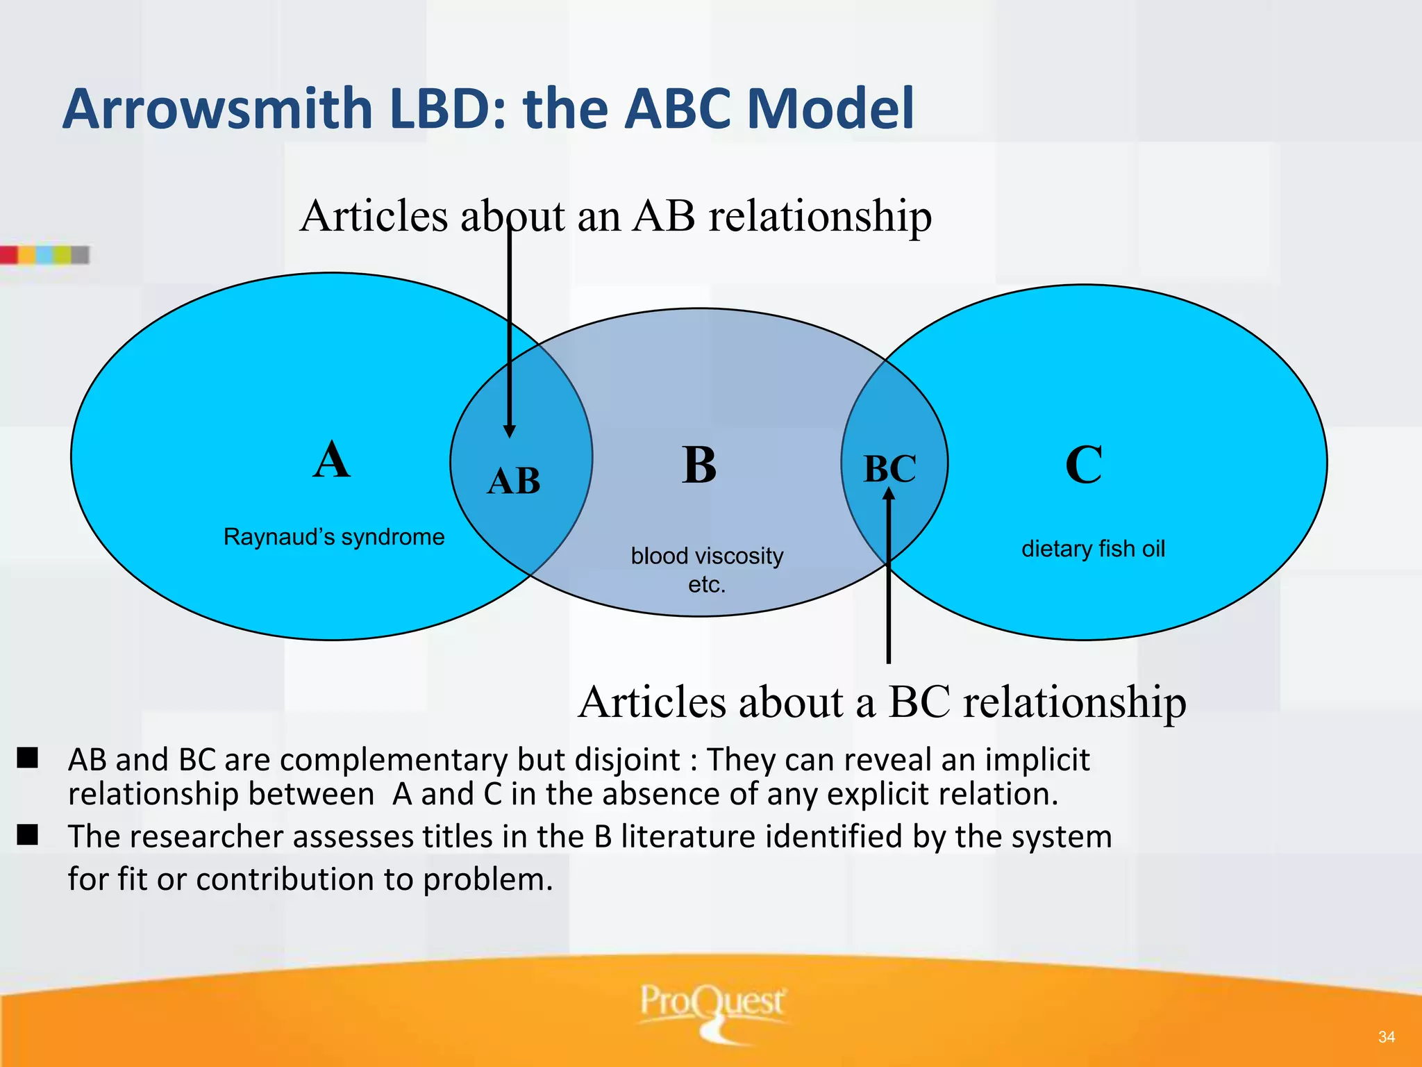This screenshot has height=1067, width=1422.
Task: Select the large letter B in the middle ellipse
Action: pyautogui.click(x=699, y=465)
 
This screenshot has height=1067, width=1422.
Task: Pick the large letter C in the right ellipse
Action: pyautogui.click(x=1083, y=465)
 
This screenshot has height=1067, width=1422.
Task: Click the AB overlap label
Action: pyautogui.click(x=514, y=481)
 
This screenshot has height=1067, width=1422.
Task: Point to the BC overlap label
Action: pyautogui.click(x=889, y=468)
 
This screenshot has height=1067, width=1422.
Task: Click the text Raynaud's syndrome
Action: pyautogui.click(x=334, y=537)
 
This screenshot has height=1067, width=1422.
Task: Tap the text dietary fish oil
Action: pyautogui.click(x=1093, y=549)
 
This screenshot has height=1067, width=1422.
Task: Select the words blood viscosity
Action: pyautogui.click(x=707, y=556)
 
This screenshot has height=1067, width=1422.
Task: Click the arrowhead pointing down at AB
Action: pyautogui.click(x=509, y=431)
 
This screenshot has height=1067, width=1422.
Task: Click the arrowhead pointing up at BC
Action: pyautogui.click(x=889, y=494)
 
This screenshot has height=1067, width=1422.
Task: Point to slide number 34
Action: pyautogui.click(x=1386, y=1037)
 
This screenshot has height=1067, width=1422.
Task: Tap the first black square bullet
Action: pyautogui.click(x=28, y=758)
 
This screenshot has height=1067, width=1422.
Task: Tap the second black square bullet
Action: pyautogui.click(x=28, y=834)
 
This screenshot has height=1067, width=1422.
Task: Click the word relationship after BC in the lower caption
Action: pyautogui.click(x=1074, y=702)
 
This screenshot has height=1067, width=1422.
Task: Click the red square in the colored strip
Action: pyautogui.click(x=8, y=255)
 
